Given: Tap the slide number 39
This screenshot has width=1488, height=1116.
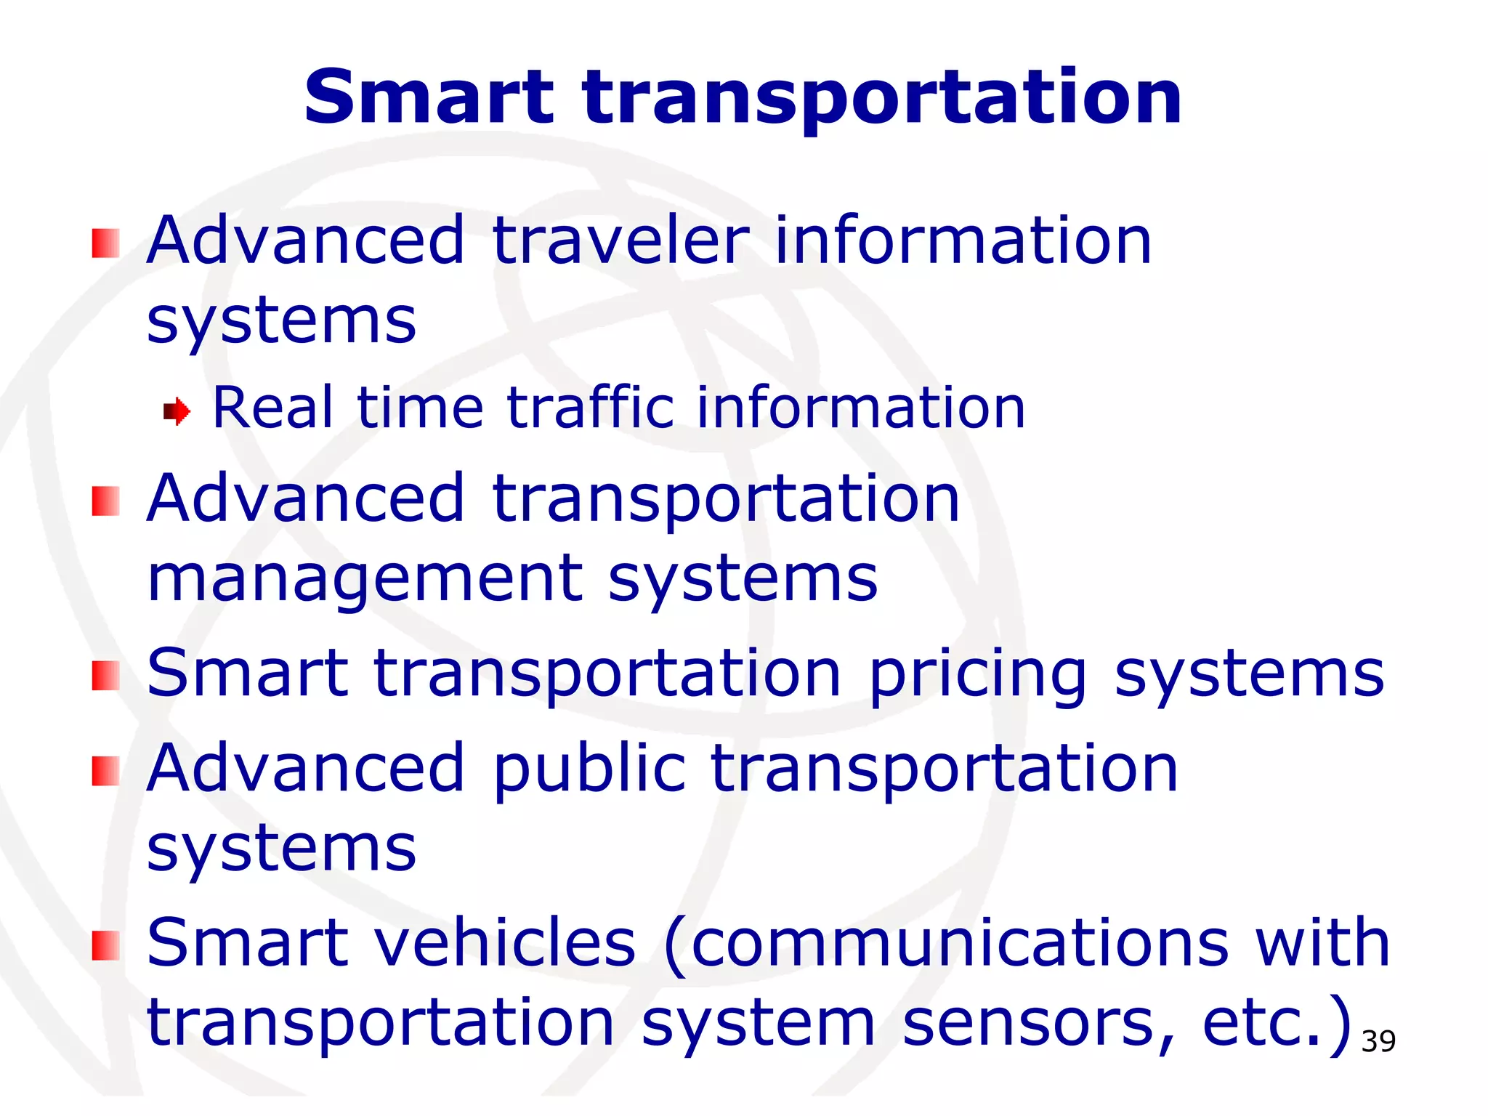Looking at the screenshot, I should point(1378,1042).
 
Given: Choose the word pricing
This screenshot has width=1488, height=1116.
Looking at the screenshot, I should point(978,674).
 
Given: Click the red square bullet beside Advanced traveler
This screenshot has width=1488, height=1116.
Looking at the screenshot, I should point(105,243).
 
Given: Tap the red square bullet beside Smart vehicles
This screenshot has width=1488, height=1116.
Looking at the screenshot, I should point(105,945).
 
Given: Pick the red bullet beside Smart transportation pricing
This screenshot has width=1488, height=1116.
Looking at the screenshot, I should point(105,676).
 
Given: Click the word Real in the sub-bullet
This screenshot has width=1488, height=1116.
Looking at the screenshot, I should point(272,408).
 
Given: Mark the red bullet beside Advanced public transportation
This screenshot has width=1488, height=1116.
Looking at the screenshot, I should point(105,771).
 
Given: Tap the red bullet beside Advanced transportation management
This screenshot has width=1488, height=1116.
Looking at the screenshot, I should point(105,501).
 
